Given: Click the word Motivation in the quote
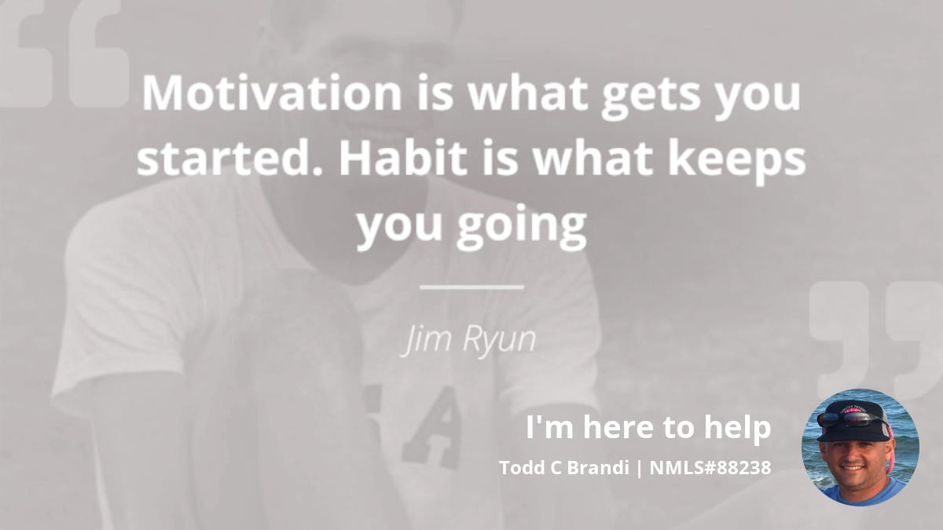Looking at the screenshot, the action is (272, 93).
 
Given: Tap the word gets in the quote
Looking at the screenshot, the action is (651, 96).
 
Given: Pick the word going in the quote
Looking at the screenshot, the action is (522, 226).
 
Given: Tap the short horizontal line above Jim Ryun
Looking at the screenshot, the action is (472, 287).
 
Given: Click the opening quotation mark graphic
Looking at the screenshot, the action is (63, 55).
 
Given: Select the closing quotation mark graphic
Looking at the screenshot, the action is (875, 341).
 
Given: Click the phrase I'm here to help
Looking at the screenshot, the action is (648, 427).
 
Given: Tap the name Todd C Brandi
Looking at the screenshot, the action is (564, 468).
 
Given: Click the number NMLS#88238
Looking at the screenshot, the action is (710, 468).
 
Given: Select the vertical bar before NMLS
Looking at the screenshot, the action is (640, 468).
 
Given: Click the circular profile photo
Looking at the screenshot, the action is (860, 447).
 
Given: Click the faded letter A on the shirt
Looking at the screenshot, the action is (429, 427).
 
